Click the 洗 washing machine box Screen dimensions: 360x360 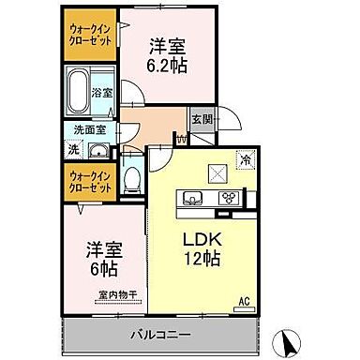[x=73, y=149]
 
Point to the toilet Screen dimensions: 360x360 [x=133, y=179]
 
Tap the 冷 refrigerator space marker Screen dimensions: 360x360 [x=247, y=160]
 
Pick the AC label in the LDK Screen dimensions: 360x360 [x=242, y=302]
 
